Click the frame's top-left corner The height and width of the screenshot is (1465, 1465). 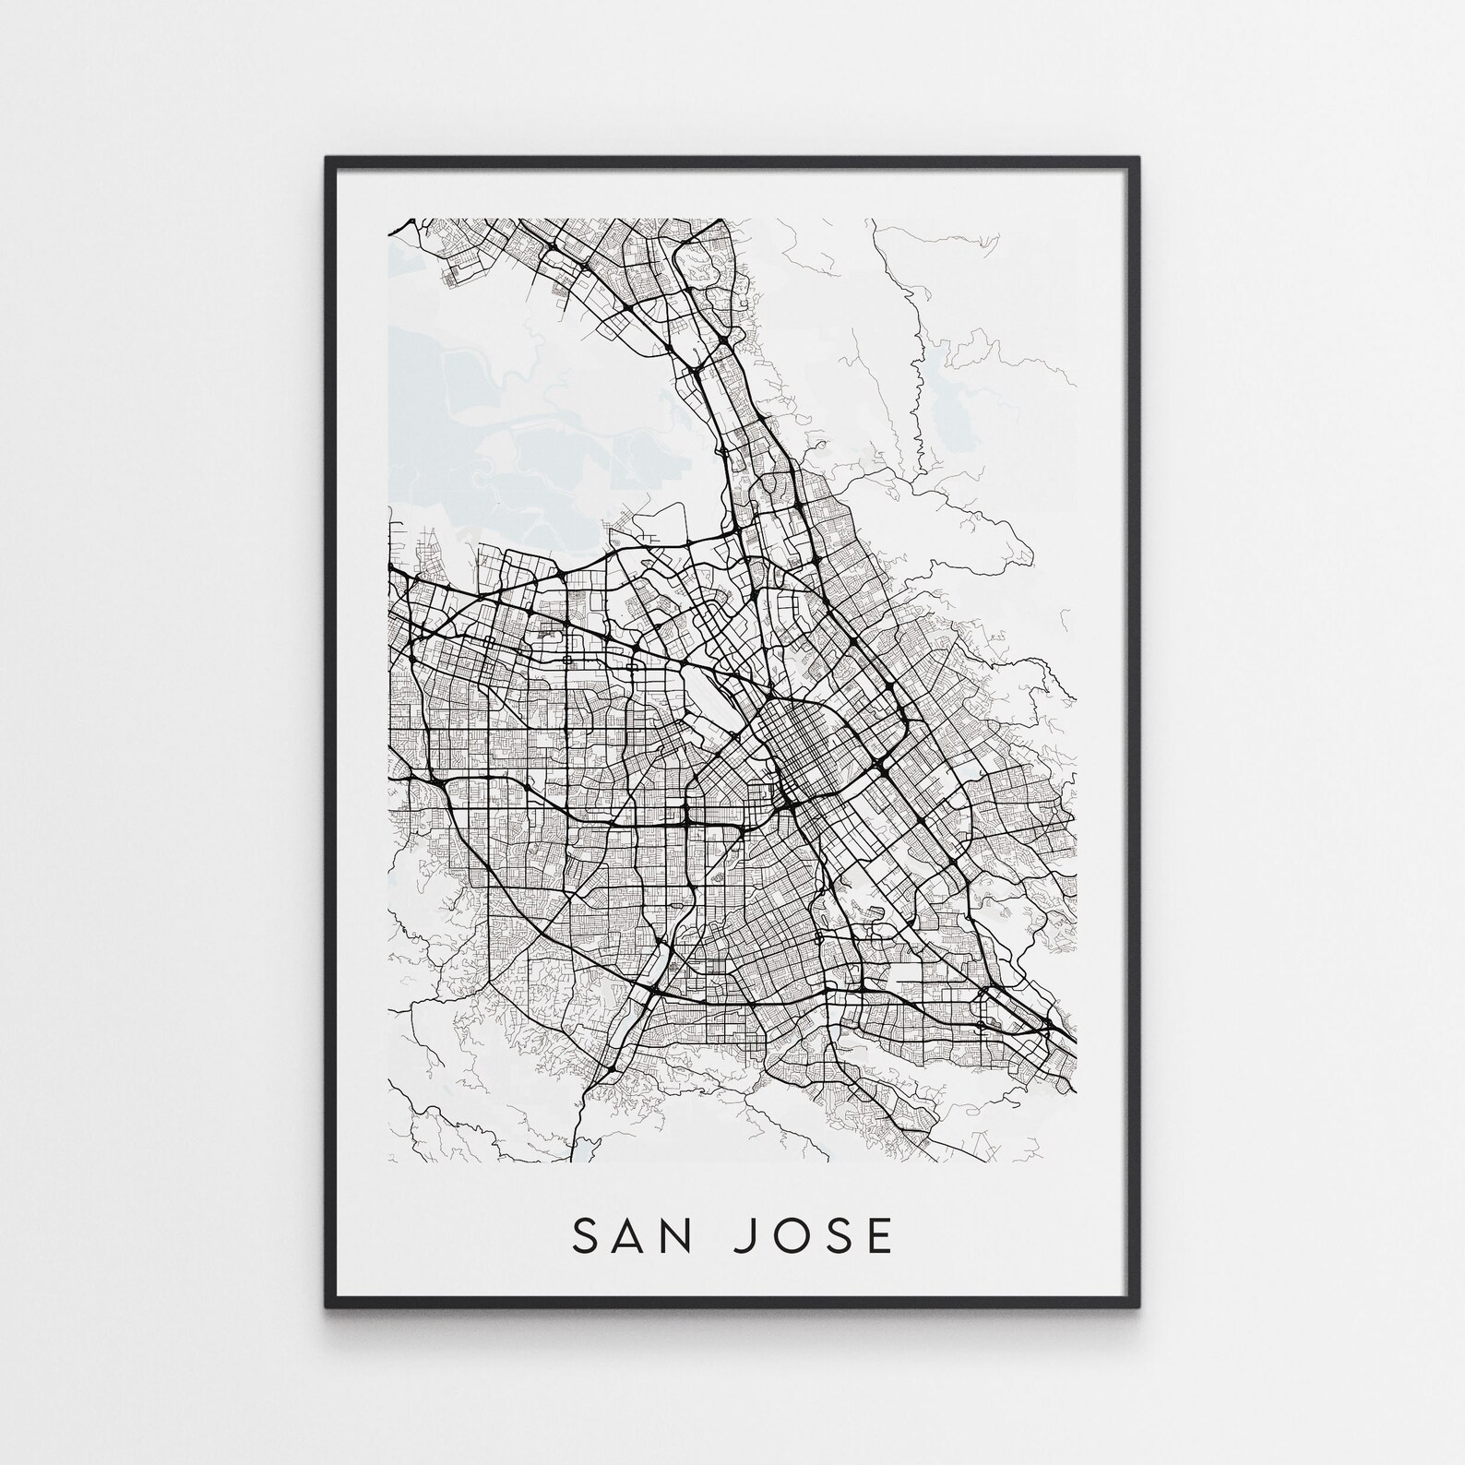coord(328,160)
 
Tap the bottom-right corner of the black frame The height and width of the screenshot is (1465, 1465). coord(1139,1305)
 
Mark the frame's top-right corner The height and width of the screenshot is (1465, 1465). coord(1139,160)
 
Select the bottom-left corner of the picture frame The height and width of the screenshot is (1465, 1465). coord(328,1305)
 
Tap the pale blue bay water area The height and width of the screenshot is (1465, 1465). coord(461,415)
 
